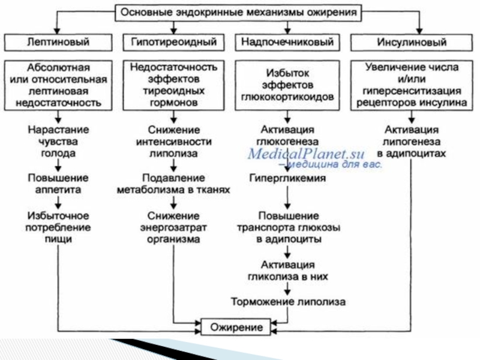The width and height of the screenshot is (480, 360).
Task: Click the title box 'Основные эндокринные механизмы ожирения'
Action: [238, 11]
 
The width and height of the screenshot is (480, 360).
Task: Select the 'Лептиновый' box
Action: [58, 43]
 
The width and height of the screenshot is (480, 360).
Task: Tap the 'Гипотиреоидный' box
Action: [173, 43]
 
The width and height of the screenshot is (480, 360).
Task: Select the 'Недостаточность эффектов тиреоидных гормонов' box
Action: [173, 84]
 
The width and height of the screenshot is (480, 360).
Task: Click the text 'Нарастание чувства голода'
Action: [58, 141]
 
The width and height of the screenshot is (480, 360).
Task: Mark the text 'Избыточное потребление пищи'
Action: [58, 227]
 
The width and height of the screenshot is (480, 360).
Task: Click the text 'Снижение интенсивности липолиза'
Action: [173, 141]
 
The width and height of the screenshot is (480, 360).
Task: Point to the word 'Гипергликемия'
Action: [288, 178]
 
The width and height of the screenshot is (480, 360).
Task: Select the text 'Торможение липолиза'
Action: [288, 301]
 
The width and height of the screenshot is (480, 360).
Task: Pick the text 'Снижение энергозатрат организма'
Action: [173, 227]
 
